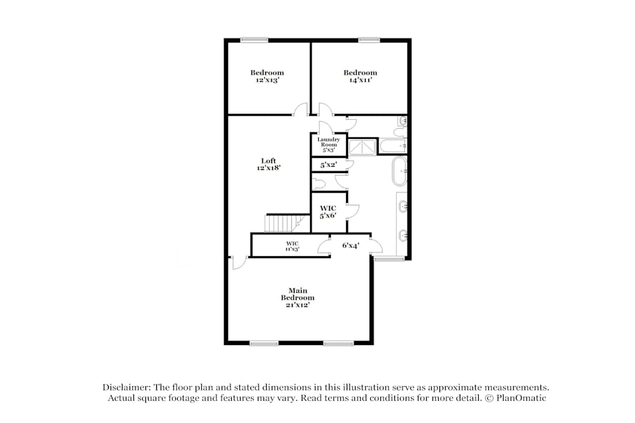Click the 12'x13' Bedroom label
267,76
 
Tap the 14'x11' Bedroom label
360,76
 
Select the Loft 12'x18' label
269,164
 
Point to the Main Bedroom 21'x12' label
298,297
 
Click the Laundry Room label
328,142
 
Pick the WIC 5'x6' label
328,212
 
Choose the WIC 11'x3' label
292,246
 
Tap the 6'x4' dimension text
351,245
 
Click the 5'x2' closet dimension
329,165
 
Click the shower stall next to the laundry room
363,147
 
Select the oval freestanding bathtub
399,171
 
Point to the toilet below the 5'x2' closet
319,184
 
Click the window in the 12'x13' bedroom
254,39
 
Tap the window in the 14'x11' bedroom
369,39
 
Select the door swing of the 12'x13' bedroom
300,109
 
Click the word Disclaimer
126,387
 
